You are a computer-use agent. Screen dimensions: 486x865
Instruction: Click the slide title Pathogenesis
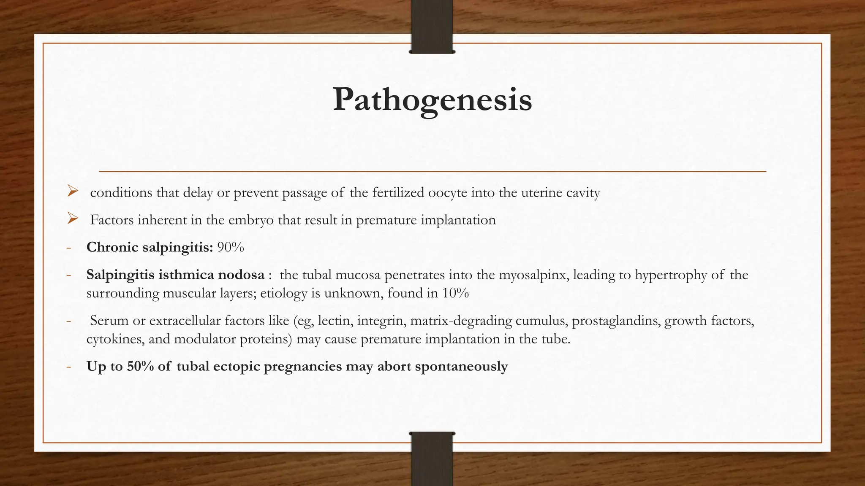432,100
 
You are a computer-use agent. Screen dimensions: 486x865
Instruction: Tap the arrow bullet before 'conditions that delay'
73,192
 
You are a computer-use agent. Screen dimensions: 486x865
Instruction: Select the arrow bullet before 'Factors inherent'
73,219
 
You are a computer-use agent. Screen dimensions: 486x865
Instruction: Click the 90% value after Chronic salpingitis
231,247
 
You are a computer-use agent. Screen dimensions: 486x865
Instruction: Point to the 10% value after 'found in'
455,293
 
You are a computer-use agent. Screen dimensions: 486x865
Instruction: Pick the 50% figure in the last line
140,366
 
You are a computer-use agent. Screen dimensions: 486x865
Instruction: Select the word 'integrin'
381,321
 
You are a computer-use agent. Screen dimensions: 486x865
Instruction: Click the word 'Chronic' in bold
112,247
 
